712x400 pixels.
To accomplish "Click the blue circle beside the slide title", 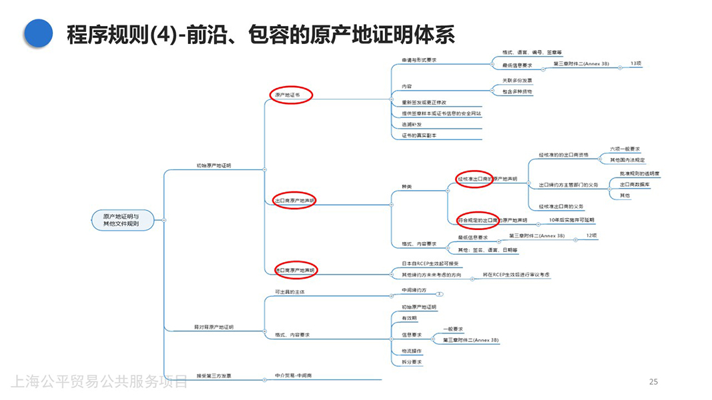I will click(x=38, y=33).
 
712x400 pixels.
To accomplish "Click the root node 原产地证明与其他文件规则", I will click(x=121, y=220).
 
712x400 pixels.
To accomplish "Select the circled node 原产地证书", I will click(x=290, y=95).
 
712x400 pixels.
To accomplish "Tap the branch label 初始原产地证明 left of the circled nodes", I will click(x=214, y=165).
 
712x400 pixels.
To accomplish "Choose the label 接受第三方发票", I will click(x=214, y=376).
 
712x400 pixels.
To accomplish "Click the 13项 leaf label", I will click(x=637, y=64).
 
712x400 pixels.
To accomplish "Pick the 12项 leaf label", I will click(x=592, y=235).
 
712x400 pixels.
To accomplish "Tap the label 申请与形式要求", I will click(x=419, y=60).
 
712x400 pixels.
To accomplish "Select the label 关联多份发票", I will click(x=517, y=80).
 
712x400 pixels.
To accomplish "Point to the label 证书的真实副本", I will click(x=419, y=135).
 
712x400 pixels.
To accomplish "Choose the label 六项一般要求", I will click(x=626, y=149).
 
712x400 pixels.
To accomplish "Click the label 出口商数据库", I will click(x=635, y=185).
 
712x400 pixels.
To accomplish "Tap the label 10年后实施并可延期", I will click(x=571, y=220).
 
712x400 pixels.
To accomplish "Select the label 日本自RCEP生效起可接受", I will click(x=432, y=263).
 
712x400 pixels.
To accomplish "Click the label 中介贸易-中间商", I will click(x=293, y=376).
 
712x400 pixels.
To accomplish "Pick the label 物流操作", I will click(x=411, y=351).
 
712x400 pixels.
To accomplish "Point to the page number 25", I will click(x=653, y=381).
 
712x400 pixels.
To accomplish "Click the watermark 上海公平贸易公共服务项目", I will click(x=99, y=381).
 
